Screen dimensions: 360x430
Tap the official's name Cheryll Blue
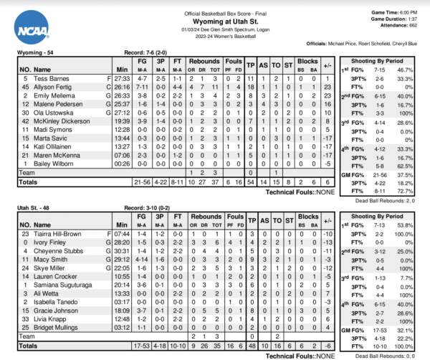pyautogui.click(x=408, y=42)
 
